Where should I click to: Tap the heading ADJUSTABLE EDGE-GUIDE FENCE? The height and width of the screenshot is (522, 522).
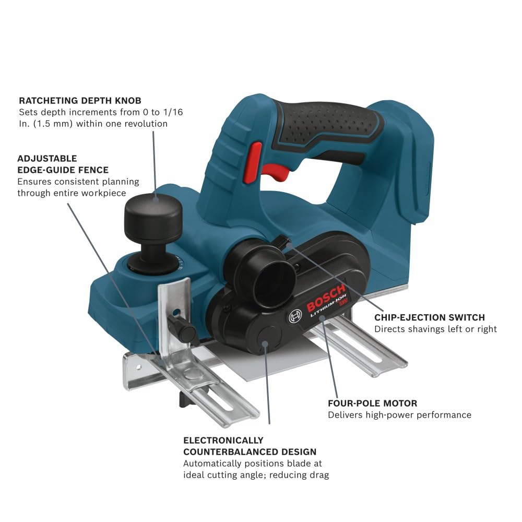tap(63, 164)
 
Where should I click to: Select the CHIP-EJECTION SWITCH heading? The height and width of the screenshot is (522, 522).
tap(430, 317)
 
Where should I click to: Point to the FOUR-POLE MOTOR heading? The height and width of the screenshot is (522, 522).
tap(372, 404)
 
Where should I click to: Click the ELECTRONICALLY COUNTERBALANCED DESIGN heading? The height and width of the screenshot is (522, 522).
tap(250, 446)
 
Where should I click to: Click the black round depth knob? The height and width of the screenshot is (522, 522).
tap(153, 214)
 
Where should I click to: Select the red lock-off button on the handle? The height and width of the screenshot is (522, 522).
tap(255, 157)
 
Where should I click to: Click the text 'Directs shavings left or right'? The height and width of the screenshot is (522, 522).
tap(435, 329)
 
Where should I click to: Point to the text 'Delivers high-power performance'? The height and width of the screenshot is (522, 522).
tap(399, 415)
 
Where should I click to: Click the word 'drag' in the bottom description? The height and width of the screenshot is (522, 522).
tap(319, 475)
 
